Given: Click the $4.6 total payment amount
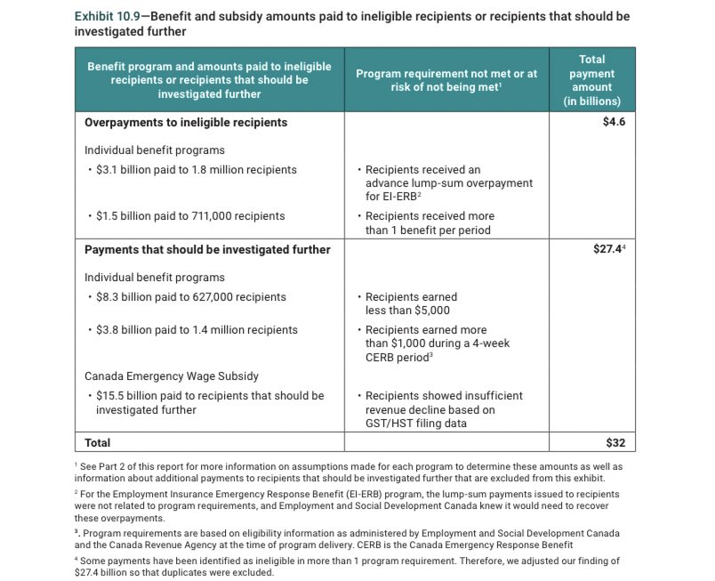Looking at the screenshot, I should pyautogui.click(x=614, y=122).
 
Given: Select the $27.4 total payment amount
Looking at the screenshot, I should pyautogui.click(x=610, y=250).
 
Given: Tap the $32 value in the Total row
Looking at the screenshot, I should pyautogui.click(x=616, y=442).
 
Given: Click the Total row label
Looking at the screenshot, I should pyautogui.click(x=98, y=442).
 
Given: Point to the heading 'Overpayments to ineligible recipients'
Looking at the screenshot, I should pyautogui.click(x=186, y=122).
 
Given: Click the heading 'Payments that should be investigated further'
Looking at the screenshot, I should pyautogui.click(x=207, y=250).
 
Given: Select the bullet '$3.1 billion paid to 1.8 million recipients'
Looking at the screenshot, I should pyautogui.click(x=196, y=169).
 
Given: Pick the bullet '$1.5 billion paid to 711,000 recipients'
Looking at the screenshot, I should pyautogui.click(x=190, y=216).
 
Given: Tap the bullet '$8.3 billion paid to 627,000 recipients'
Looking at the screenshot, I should pyautogui.click(x=190, y=297).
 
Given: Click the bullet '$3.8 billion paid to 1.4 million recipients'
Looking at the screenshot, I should pyautogui.click(x=196, y=330).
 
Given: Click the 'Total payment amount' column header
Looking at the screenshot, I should pyautogui.click(x=591, y=80).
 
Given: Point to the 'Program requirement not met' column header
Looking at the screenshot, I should pyautogui.click(x=446, y=80).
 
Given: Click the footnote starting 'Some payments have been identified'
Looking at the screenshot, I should pyautogui.click(x=356, y=567).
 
